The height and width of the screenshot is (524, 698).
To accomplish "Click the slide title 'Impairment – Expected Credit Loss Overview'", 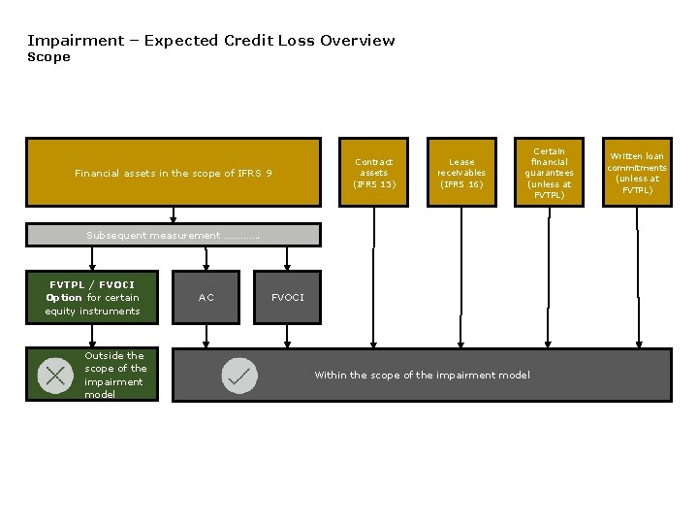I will tap(210, 41).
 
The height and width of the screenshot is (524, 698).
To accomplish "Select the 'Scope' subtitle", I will tap(48, 57).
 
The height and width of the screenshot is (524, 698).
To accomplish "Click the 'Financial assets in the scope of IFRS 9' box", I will tap(173, 173).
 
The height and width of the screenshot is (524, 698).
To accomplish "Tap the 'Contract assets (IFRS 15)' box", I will tap(373, 173).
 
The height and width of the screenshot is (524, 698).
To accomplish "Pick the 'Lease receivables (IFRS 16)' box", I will tap(461, 173).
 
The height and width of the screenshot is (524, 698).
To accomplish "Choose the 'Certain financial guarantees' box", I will tap(549, 173).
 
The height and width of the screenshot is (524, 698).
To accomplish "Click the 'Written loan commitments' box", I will tap(637, 173).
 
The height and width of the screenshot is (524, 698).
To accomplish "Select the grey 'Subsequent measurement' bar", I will tap(173, 235).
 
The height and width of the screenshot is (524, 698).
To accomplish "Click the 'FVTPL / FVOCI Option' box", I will tap(92, 298).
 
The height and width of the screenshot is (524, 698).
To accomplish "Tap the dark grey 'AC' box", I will tap(206, 298).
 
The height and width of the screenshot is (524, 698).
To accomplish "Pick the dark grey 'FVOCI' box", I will tap(287, 298).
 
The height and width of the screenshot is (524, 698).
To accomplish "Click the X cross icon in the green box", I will tap(55, 376).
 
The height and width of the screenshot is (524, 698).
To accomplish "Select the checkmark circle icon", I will tap(239, 376).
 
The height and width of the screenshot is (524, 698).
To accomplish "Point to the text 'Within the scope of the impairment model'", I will tap(422, 376).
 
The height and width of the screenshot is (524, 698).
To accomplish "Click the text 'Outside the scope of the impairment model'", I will tap(114, 375).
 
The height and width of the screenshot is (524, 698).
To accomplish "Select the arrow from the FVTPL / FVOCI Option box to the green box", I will tap(92, 336).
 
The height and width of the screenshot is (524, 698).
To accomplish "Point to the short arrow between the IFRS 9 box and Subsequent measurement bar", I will tap(174, 214).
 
